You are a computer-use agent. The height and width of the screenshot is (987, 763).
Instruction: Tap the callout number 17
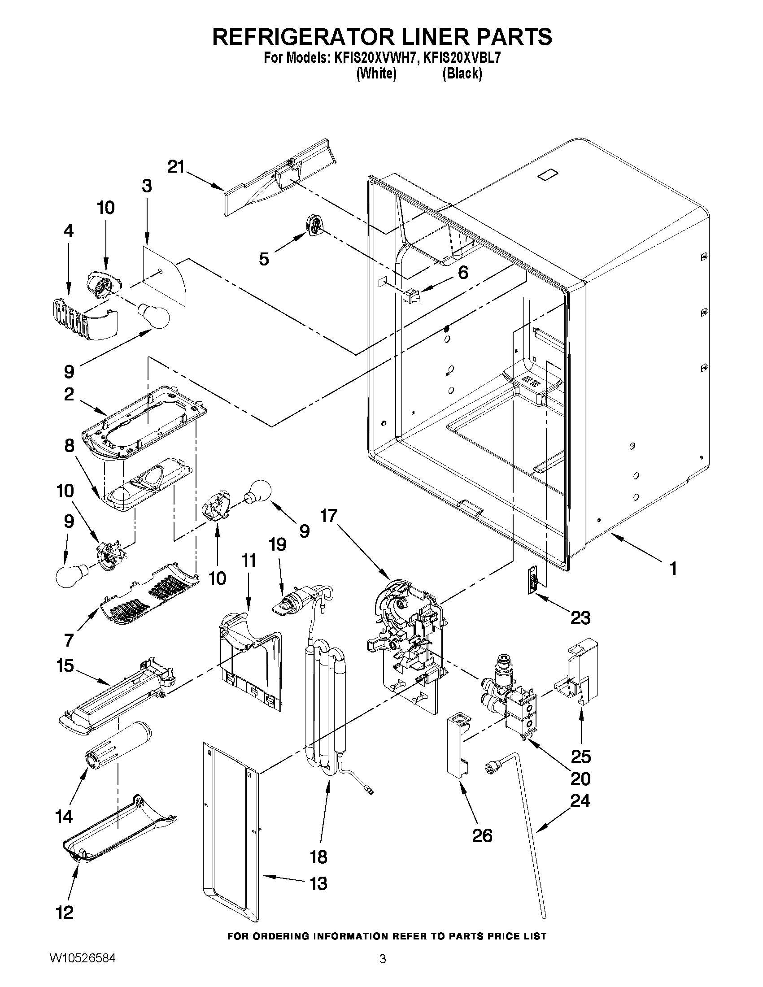coord(330,515)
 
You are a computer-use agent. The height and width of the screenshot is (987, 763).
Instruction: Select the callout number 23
coord(580,617)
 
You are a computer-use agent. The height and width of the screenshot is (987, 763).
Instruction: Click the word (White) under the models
coord(376,73)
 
